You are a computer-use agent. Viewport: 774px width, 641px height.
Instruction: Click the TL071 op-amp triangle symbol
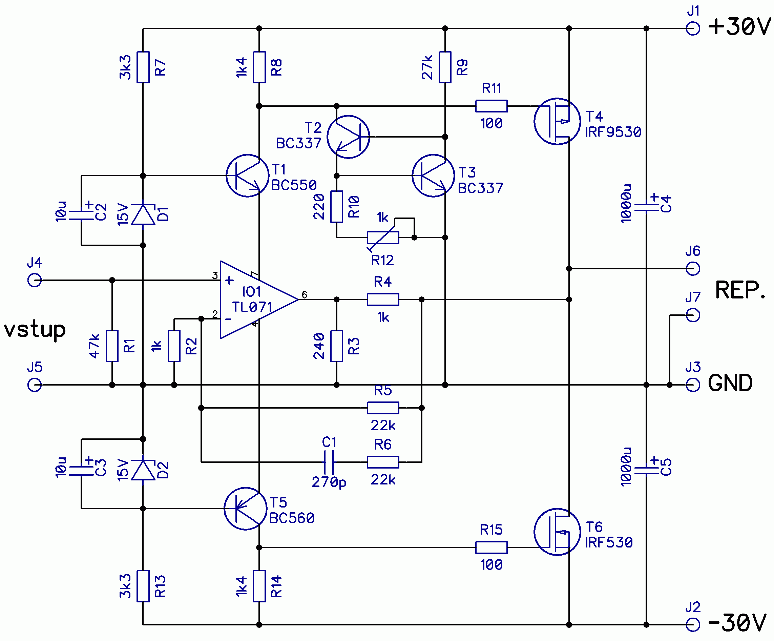pyautogui.click(x=254, y=299)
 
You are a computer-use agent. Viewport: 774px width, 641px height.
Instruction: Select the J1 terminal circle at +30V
pyautogui.click(x=693, y=28)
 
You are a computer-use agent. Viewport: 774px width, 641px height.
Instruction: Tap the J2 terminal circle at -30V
pyautogui.click(x=693, y=625)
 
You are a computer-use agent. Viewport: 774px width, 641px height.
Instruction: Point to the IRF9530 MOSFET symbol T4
pyautogui.click(x=557, y=121)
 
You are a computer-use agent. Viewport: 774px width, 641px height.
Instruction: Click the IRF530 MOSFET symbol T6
pyautogui.click(x=557, y=532)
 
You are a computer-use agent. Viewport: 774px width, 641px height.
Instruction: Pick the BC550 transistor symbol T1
pyautogui.click(x=247, y=175)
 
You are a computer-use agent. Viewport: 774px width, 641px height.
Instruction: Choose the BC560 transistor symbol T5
pyautogui.click(x=246, y=509)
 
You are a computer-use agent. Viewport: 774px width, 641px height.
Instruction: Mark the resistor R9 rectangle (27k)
pyautogui.click(x=445, y=67)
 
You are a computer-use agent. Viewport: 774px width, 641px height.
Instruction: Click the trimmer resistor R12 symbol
pyautogui.click(x=383, y=238)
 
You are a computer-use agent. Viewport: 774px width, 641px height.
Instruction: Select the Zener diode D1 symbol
pyautogui.click(x=143, y=214)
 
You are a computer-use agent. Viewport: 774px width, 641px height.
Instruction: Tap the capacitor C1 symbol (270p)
pyautogui.click(x=329, y=462)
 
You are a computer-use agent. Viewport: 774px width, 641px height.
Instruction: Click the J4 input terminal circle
pyautogui.click(x=35, y=280)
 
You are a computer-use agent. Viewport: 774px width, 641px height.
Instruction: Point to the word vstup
pyautogui.click(x=35, y=329)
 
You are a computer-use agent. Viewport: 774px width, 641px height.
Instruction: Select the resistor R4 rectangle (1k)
pyautogui.click(x=383, y=299)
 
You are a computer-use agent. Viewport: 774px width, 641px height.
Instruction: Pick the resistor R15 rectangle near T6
pyautogui.click(x=491, y=547)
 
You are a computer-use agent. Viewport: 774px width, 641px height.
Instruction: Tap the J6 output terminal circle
pyautogui.click(x=693, y=269)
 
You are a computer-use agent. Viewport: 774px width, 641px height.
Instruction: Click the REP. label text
pyautogui.click(x=740, y=290)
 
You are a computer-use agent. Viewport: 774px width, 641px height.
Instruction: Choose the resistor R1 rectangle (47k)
pyautogui.click(x=112, y=346)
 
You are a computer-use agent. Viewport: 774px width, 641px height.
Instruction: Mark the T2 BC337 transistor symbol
pyautogui.click(x=348, y=137)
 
